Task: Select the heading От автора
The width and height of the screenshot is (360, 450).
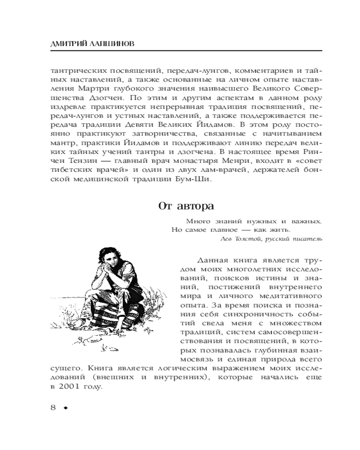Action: [185, 206]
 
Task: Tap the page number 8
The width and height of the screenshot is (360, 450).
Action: [53, 407]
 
